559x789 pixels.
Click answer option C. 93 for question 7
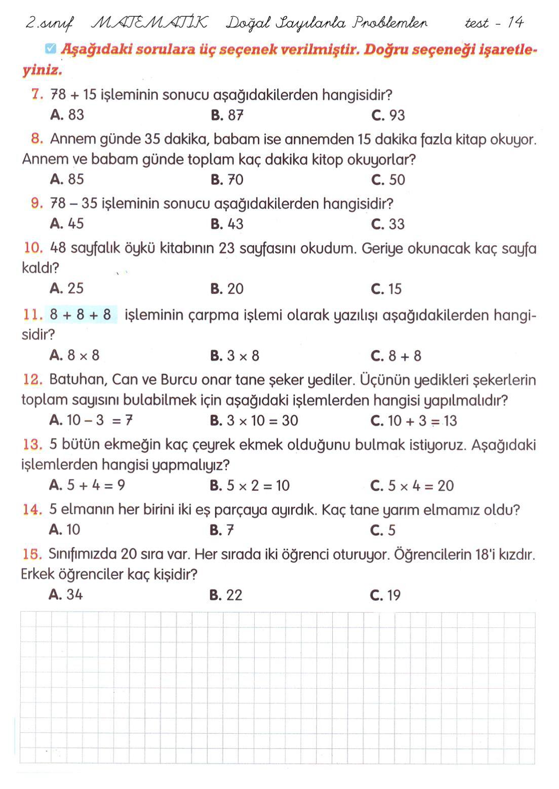388,115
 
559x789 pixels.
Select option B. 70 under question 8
227,180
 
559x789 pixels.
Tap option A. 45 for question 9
67,224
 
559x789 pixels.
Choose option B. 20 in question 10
227,289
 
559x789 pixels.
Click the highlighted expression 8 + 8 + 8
81,315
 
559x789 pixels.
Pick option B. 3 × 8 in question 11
234,356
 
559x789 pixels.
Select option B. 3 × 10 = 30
254,421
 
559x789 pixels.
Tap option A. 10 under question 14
65,530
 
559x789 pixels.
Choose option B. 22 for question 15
226,595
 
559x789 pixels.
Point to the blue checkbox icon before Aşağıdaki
50,49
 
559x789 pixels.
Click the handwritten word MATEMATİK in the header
149,23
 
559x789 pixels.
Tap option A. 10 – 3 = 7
91,421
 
